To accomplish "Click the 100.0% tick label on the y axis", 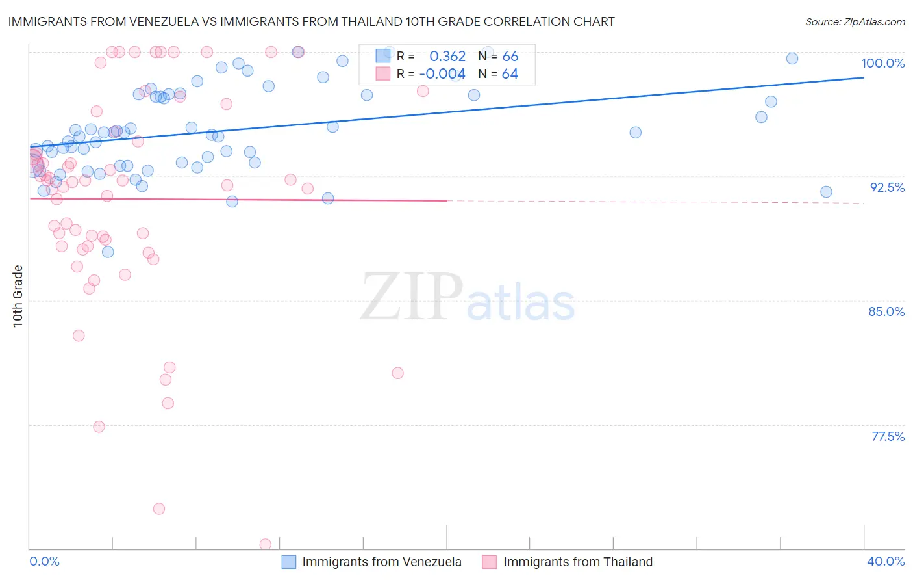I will coord(882,63).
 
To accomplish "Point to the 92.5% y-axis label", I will coord(887,187).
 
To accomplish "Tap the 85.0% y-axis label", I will coord(886,311).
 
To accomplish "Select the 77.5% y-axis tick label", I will coord(888,436).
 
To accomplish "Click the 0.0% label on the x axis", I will coord(44,561).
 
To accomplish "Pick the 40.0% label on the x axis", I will coord(886,561).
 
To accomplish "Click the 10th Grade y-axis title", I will coord(18,296).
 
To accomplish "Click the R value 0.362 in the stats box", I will coord(447,57).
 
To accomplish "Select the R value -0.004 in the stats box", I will coord(442,74).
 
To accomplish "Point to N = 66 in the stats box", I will coord(499,57).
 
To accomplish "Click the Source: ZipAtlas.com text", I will coord(855,22).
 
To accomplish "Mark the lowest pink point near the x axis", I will coord(266,544).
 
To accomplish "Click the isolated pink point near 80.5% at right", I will coord(397,373).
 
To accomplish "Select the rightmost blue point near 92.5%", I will coord(826,192).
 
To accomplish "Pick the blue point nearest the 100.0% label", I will coord(792,59).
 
